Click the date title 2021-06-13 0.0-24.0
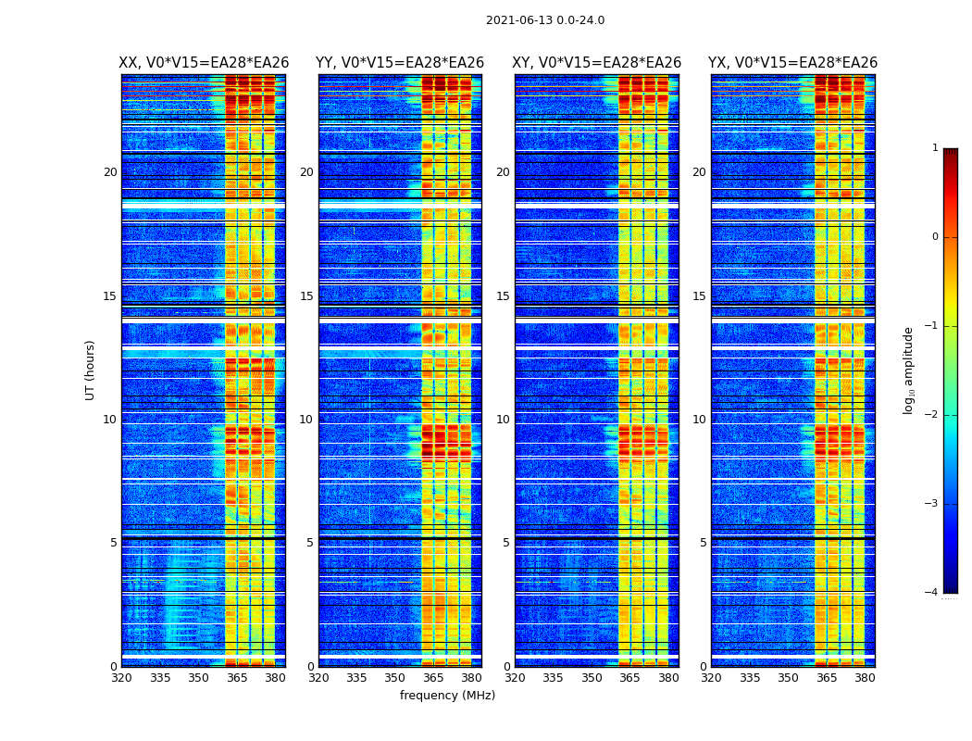pos(545,20)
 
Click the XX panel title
pos(204,63)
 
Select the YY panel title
pos(400,63)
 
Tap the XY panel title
pos(597,63)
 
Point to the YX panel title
pos(792,63)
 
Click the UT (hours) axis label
pos(91,370)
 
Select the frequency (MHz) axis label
pos(447,696)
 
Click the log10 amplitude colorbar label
pos(909,370)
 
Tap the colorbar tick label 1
pos(935,148)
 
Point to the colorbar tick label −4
pos(932,593)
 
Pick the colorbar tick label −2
pos(932,415)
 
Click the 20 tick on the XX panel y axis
pos(110,172)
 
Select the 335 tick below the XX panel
pos(160,678)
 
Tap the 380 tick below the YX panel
pos(865,678)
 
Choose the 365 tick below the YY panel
pos(433,678)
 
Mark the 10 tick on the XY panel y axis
pos(503,420)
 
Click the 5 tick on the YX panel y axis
pos(703,543)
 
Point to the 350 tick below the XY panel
pos(592,678)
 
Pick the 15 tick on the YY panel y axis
pos(306,296)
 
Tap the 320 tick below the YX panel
pos(711,678)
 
